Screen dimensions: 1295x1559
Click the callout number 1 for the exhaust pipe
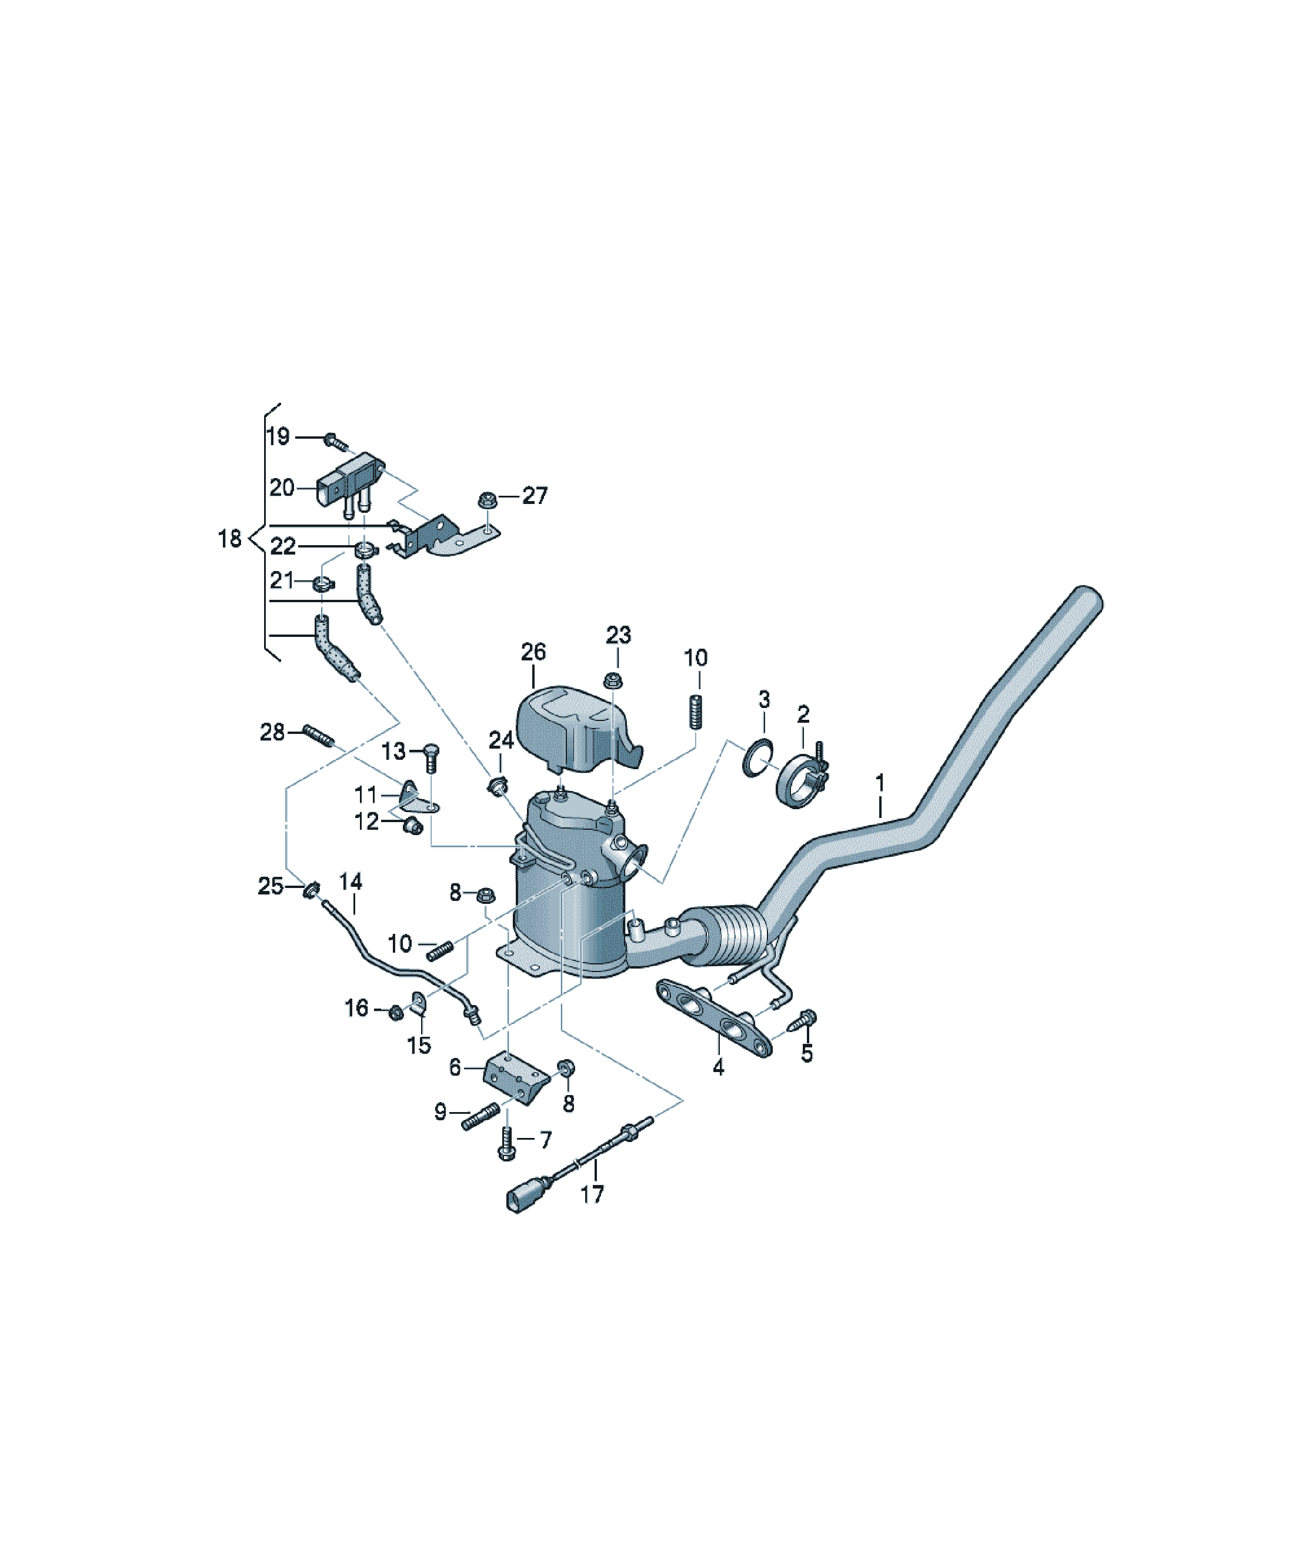click(880, 783)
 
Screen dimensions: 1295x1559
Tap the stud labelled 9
click(480, 1117)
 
